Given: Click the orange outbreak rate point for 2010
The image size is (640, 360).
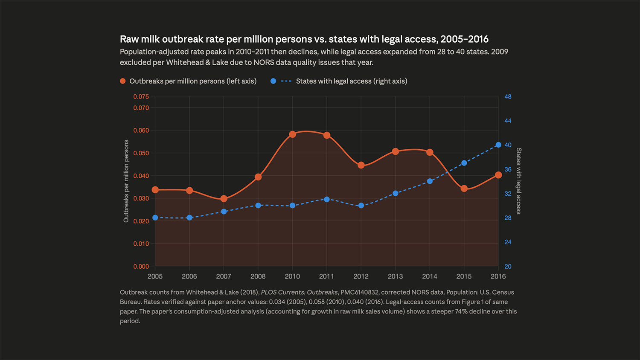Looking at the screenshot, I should [292, 134].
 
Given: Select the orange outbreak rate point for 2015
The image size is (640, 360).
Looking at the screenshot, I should [464, 189].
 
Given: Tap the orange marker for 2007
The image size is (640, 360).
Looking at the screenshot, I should [224, 199].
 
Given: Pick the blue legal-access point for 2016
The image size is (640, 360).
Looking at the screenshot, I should [498, 145].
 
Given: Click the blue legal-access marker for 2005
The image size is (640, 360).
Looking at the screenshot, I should [155, 218].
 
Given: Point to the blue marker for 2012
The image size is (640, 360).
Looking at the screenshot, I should [361, 206].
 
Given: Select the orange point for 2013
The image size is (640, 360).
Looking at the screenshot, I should [395, 151].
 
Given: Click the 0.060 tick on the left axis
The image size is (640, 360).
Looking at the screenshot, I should [141, 131].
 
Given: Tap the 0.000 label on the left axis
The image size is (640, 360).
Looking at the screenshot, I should [141, 267].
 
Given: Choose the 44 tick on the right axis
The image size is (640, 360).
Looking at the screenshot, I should [508, 121].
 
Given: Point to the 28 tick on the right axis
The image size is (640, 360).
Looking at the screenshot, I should [508, 218].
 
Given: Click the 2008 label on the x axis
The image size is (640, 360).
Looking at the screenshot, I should [258, 276].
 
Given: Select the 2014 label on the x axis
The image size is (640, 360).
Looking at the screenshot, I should [430, 276].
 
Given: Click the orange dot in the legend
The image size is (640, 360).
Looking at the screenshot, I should [123, 81].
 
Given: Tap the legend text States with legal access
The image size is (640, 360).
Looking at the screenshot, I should [351, 81].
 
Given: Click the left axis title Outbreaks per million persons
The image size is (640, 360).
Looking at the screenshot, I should [126, 181].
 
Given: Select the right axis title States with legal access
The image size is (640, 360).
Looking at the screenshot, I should [519, 181].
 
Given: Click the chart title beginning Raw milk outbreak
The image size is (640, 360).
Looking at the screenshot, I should [304, 39].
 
